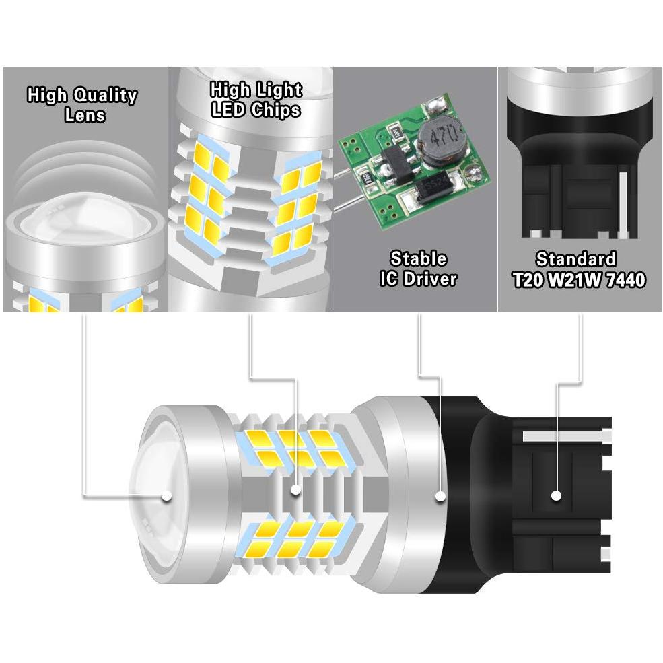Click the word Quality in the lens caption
(x=105, y=96)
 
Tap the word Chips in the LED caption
(x=276, y=110)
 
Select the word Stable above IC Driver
(x=418, y=258)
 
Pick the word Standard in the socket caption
(x=576, y=259)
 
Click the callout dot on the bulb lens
(x=167, y=495)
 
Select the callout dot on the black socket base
(x=556, y=495)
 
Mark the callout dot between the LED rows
(x=296, y=489)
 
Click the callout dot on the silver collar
(x=441, y=495)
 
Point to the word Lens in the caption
(x=85, y=115)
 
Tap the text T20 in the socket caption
(x=528, y=279)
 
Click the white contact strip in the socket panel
(x=623, y=203)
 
